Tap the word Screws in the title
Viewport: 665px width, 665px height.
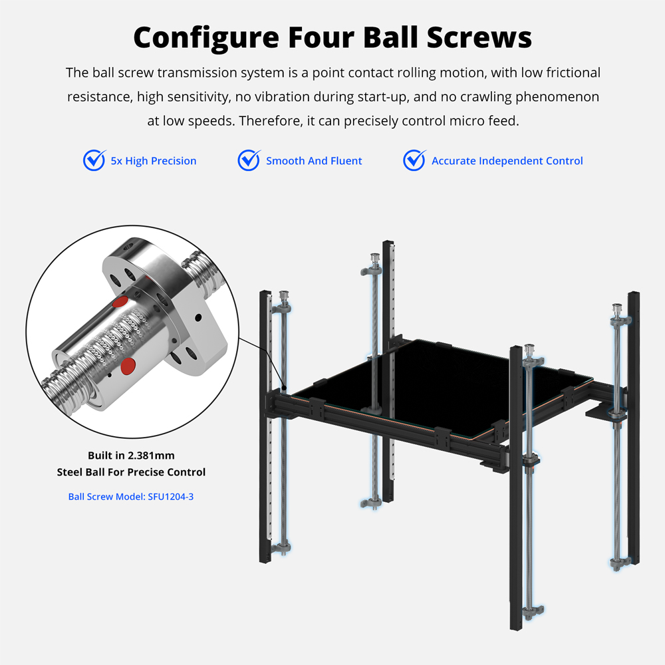pyautogui.click(x=479, y=37)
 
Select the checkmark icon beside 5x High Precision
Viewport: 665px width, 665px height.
pyautogui.click(x=94, y=160)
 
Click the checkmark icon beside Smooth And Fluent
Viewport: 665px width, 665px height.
pyautogui.click(x=249, y=160)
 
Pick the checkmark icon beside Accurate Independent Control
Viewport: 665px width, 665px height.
pyautogui.click(x=414, y=160)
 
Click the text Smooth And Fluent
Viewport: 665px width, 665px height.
pyautogui.click(x=314, y=161)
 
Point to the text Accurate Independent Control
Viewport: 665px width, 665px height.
pyautogui.click(x=507, y=161)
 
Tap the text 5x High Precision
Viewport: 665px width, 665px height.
pyautogui.click(x=154, y=161)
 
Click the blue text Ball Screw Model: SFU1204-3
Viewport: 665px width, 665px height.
pyautogui.click(x=130, y=497)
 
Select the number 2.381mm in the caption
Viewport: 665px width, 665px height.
pyautogui.click(x=151, y=456)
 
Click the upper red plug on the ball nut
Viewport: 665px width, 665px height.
pyautogui.click(x=120, y=301)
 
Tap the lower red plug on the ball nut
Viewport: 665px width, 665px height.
pyautogui.click(x=128, y=366)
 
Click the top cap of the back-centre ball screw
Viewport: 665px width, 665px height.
pyautogui.click(x=374, y=258)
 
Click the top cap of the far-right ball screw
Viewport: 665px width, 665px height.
pyautogui.click(x=616, y=307)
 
